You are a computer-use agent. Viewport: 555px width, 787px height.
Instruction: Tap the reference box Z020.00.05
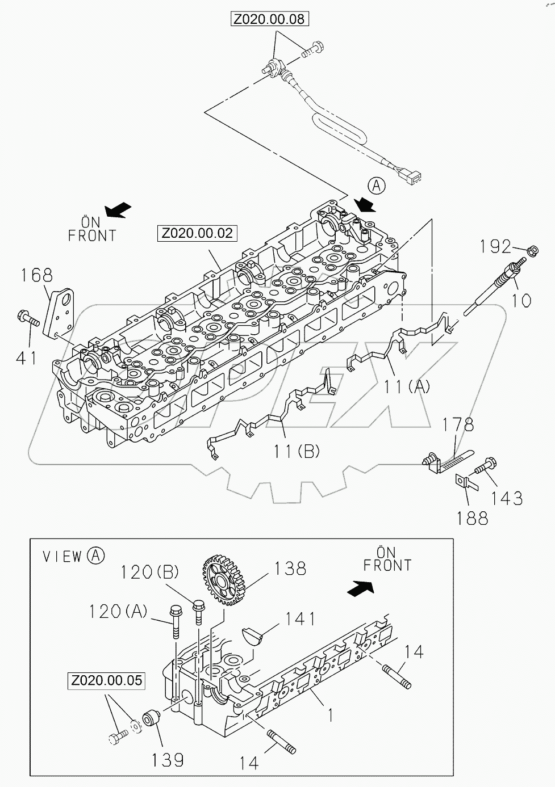[107, 680]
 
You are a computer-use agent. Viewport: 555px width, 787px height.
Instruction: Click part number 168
[37, 275]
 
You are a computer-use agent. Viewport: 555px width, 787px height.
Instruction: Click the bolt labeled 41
[28, 318]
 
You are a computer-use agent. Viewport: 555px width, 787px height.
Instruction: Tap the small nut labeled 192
[533, 250]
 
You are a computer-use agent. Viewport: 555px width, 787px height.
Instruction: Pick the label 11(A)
[407, 387]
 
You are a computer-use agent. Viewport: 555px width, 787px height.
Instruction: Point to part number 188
[472, 517]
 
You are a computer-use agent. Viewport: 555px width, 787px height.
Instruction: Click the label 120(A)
[118, 611]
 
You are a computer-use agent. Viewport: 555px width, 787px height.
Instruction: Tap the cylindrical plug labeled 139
[151, 718]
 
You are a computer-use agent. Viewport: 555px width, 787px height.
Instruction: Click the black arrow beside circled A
[364, 204]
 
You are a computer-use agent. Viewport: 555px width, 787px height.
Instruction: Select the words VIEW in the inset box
[63, 557]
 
